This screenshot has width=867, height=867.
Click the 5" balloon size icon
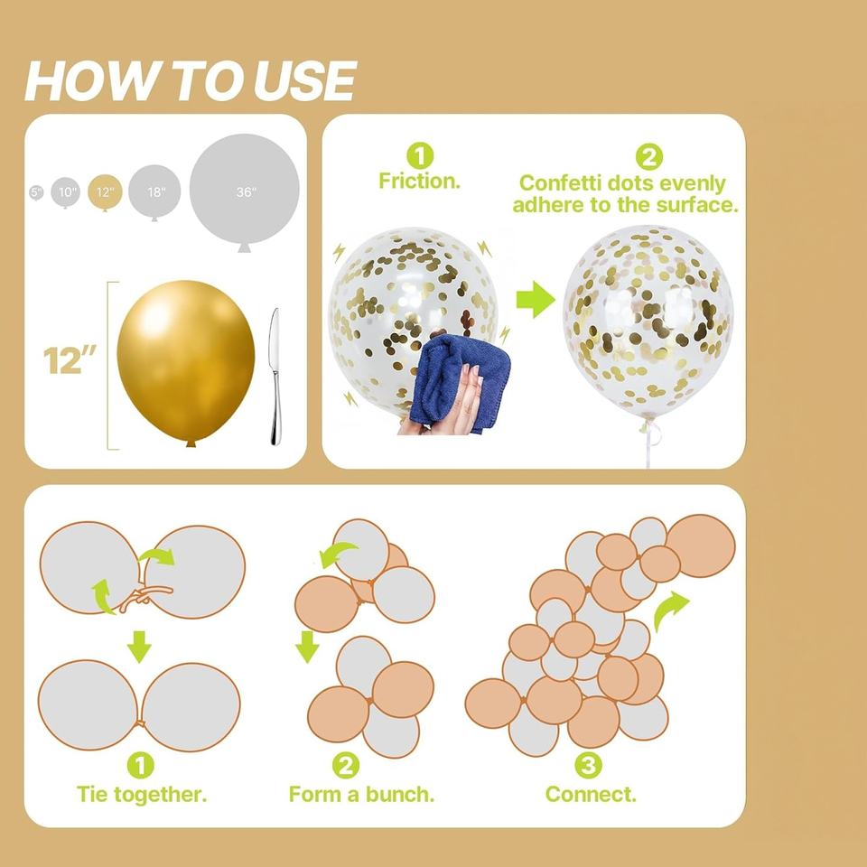tap(36, 192)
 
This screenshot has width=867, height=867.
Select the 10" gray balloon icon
tap(66, 192)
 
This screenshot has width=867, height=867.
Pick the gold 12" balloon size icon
tap(105, 192)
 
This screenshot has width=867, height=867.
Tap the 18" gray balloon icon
tap(154, 191)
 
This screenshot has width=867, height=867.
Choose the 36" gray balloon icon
tap(245, 191)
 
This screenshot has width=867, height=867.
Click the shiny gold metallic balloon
tap(186, 361)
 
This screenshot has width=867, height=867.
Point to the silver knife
tap(275, 376)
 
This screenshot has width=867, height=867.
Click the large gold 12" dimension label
tap(70, 360)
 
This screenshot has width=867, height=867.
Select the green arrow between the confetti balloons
tap(536, 299)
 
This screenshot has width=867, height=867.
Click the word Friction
tap(420, 181)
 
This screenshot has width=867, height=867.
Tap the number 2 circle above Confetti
tap(648, 157)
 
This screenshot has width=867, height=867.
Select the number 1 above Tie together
tap(141, 766)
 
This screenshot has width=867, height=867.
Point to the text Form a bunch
tap(361, 794)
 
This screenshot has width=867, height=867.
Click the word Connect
tap(591, 794)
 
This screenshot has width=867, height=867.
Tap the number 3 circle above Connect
tap(588, 765)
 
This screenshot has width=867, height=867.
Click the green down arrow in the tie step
tap(139, 647)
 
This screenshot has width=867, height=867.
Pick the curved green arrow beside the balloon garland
tap(670, 611)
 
